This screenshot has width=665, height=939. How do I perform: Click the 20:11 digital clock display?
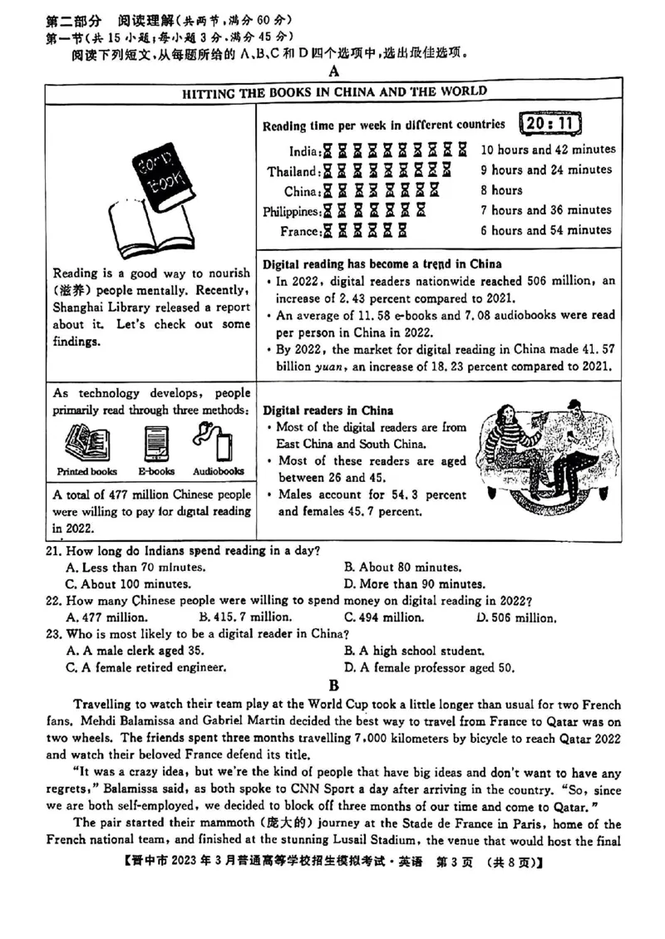549,124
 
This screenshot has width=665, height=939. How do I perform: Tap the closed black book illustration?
157,175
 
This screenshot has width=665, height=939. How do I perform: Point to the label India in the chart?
303,151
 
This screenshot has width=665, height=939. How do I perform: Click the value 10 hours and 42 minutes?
548,150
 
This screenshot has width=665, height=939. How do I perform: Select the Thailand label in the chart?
293,171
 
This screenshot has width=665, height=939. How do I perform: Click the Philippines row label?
291,211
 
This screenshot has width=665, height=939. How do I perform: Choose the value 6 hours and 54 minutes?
545,230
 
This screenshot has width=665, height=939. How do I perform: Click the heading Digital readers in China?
328,411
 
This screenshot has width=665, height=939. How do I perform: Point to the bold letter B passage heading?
333,686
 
